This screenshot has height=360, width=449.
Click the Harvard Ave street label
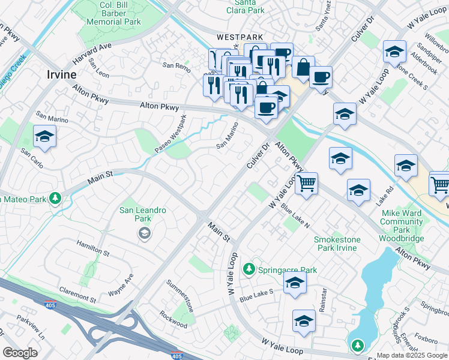click(92, 54)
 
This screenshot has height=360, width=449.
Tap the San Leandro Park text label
click(143, 214)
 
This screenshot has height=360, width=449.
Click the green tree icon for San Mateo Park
click(55, 197)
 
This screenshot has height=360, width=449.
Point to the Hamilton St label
click(93, 248)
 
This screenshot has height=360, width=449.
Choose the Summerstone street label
click(180, 295)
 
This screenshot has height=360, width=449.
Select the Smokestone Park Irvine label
click(337, 244)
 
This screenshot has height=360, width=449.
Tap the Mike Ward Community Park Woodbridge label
click(402, 225)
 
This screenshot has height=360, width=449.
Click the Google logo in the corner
click(20, 352)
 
